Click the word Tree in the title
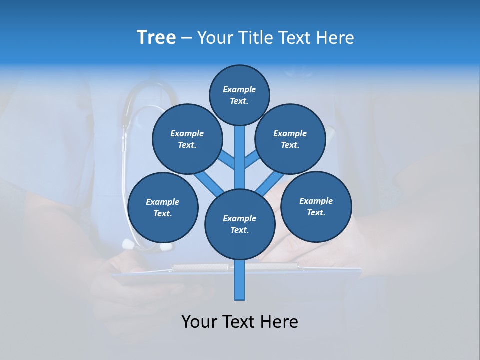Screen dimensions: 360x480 [x=156, y=38]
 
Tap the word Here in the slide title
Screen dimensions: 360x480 [x=335, y=38]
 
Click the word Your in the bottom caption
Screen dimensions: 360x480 [x=200, y=322]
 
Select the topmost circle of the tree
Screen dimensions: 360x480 [x=239, y=95]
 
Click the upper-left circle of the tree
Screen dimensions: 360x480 [x=187, y=139]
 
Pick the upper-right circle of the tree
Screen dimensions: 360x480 [x=290, y=139]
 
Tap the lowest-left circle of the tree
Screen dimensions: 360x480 [x=163, y=207]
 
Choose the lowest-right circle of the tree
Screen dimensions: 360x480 [x=316, y=206]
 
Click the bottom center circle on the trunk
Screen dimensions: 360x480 [x=240, y=224]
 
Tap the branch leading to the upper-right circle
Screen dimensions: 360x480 [x=251, y=160]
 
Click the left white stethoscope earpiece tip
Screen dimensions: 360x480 [x=128, y=244]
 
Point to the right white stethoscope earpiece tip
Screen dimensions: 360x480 [x=167, y=246]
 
